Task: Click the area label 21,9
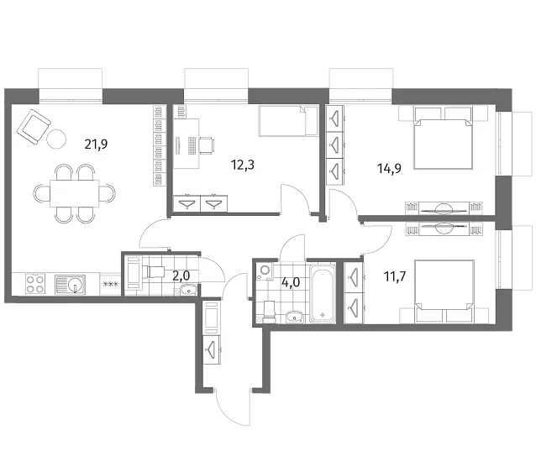(x=96, y=144)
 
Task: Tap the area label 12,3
(x=242, y=165)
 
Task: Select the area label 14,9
(x=389, y=169)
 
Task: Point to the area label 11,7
(x=395, y=276)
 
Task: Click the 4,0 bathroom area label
(x=291, y=282)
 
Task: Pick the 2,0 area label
(x=181, y=276)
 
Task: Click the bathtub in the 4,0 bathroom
(x=323, y=293)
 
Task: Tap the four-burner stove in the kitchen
(x=35, y=284)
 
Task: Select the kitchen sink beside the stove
(x=70, y=284)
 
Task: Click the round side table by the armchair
(x=56, y=139)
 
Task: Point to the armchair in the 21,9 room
(x=34, y=127)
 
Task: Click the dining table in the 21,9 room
(x=75, y=193)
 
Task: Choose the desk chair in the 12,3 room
(x=207, y=145)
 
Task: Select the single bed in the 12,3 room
(x=288, y=121)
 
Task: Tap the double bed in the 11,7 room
(x=444, y=291)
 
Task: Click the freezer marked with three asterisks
(x=110, y=284)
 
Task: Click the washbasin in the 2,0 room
(x=187, y=291)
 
